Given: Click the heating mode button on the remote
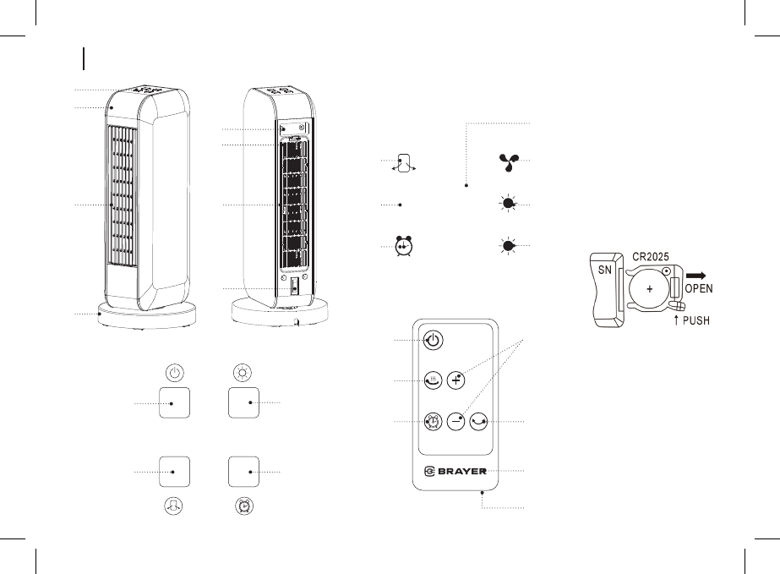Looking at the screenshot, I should click(432, 380).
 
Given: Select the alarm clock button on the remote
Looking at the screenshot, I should click(432, 420).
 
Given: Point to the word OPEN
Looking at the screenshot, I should click(699, 287).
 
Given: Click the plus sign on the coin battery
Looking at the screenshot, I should click(651, 288).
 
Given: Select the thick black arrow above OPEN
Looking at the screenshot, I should click(698, 274).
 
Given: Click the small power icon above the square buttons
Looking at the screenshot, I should click(173, 372).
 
